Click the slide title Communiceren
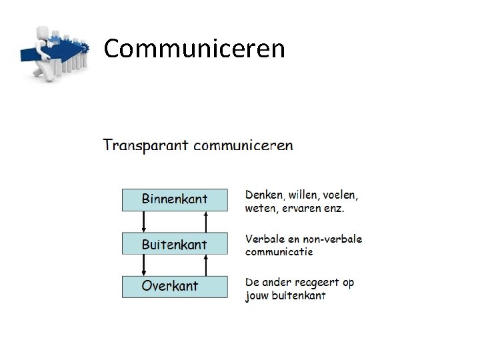coord(195,49)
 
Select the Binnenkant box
coord(174,199)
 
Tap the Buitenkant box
coord(174,245)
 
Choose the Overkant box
coord(174,287)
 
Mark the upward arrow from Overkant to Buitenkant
coord(206,265)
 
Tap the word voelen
coord(340,195)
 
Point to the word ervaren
coord(299,209)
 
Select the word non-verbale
coord(329,239)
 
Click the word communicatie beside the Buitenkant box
coord(279,252)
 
